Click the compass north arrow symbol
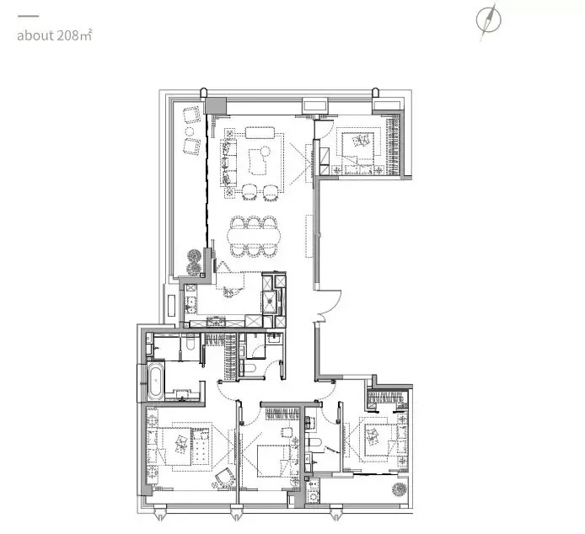[488, 20]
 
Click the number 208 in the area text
[68, 35]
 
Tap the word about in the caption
[35, 36]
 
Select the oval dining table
[254, 236]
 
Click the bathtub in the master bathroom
[156, 381]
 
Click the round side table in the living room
[266, 151]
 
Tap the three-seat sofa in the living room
[228, 163]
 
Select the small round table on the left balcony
[190, 131]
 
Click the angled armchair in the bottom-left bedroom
[225, 478]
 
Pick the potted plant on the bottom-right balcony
[400, 489]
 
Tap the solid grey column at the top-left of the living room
[216, 105]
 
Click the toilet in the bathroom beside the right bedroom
[314, 442]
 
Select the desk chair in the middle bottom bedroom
[287, 433]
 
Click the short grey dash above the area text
[28, 16]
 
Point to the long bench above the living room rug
[260, 133]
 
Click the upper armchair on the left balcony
[191, 115]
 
